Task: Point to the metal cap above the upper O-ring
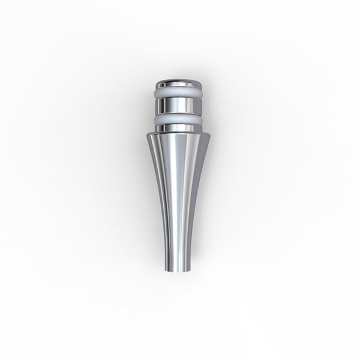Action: coord(179,83)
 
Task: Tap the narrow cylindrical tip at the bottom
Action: coord(180,261)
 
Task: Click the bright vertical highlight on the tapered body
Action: coord(187,192)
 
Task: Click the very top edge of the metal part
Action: coord(179,78)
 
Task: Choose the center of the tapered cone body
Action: coord(180,192)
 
